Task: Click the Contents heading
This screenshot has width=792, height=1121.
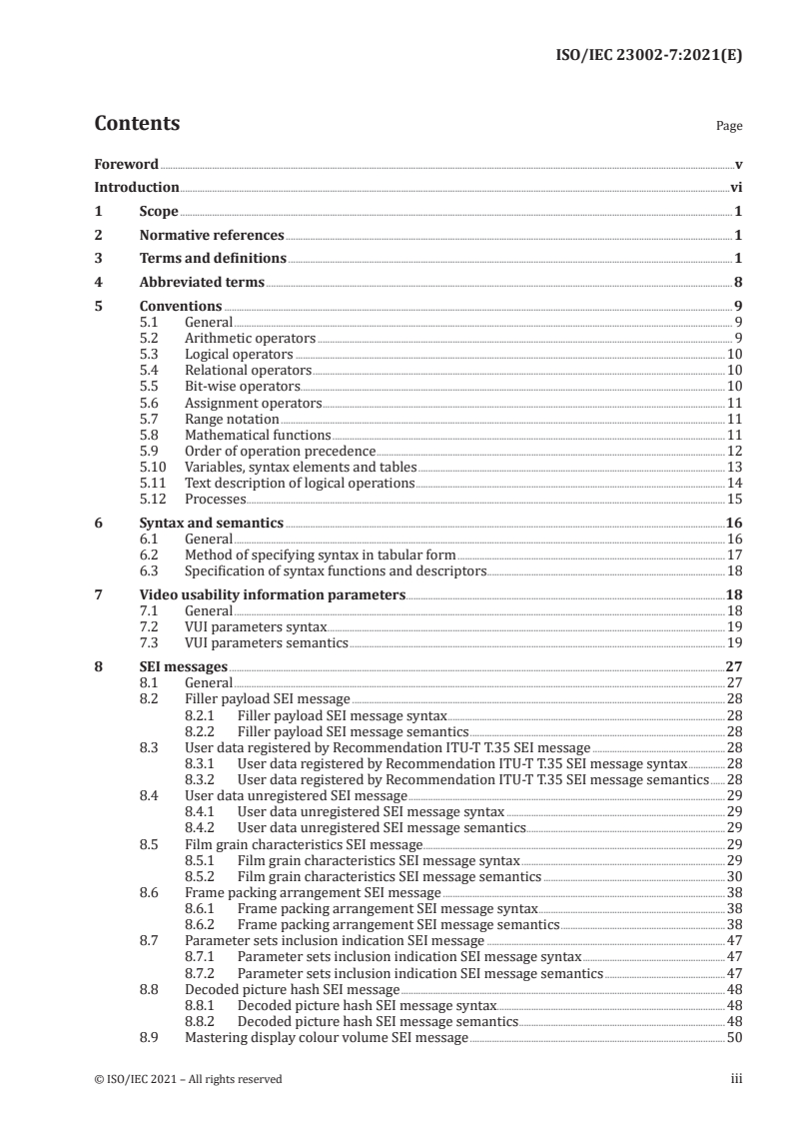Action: click(x=137, y=124)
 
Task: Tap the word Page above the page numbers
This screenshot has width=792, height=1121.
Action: click(x=729, y=127)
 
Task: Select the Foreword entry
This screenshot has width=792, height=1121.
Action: click(x=126, y=164)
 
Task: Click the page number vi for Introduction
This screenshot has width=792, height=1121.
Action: click(x=735, y=187)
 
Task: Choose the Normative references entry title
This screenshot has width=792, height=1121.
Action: click(x=212, y=236)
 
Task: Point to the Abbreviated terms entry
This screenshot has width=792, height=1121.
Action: click(x=202, y=283)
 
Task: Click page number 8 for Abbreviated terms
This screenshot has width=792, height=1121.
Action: click(x=738, y=283)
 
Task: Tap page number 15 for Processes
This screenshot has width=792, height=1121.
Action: click(x=733, y=500)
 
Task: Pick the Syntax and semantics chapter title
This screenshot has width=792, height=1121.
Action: click(x=211, y=523)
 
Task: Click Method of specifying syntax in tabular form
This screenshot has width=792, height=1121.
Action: click(x=320, y=555)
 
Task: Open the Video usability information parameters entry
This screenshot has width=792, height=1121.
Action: click(x=272, y=594)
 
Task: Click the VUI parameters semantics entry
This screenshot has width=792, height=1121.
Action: click(x=267, y=642)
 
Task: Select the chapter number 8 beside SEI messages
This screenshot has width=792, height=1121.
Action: click(x=98, y=666)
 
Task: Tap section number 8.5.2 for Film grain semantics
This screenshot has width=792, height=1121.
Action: click(x=207, y=876)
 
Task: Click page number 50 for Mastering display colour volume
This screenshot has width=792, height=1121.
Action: click(x=733, y=1038)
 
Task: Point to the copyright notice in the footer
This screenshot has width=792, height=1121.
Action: click(x=188, y=1079)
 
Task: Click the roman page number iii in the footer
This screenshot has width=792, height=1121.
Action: click(x=736, y=1079)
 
